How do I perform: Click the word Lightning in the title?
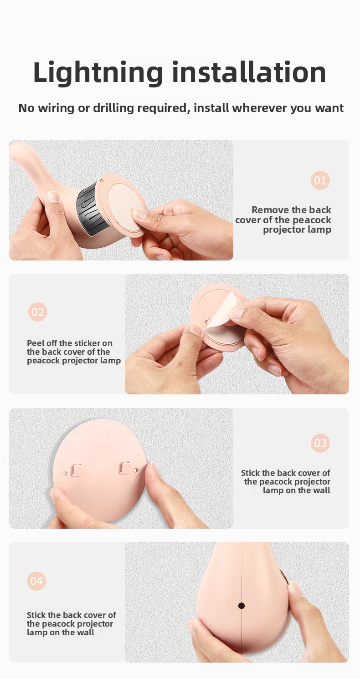pos(98,73)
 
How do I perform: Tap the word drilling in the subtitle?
pos(113,108)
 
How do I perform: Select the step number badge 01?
pos(320,180)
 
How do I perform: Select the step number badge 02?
pos(38,312)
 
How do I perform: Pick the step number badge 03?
pos(320,443)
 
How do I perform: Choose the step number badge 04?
pos(36,581)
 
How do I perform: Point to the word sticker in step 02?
pos(85,343)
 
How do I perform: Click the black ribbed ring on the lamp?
pos(91,207)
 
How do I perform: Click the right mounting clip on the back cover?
pos(125,467)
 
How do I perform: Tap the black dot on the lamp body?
pos(242,606)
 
